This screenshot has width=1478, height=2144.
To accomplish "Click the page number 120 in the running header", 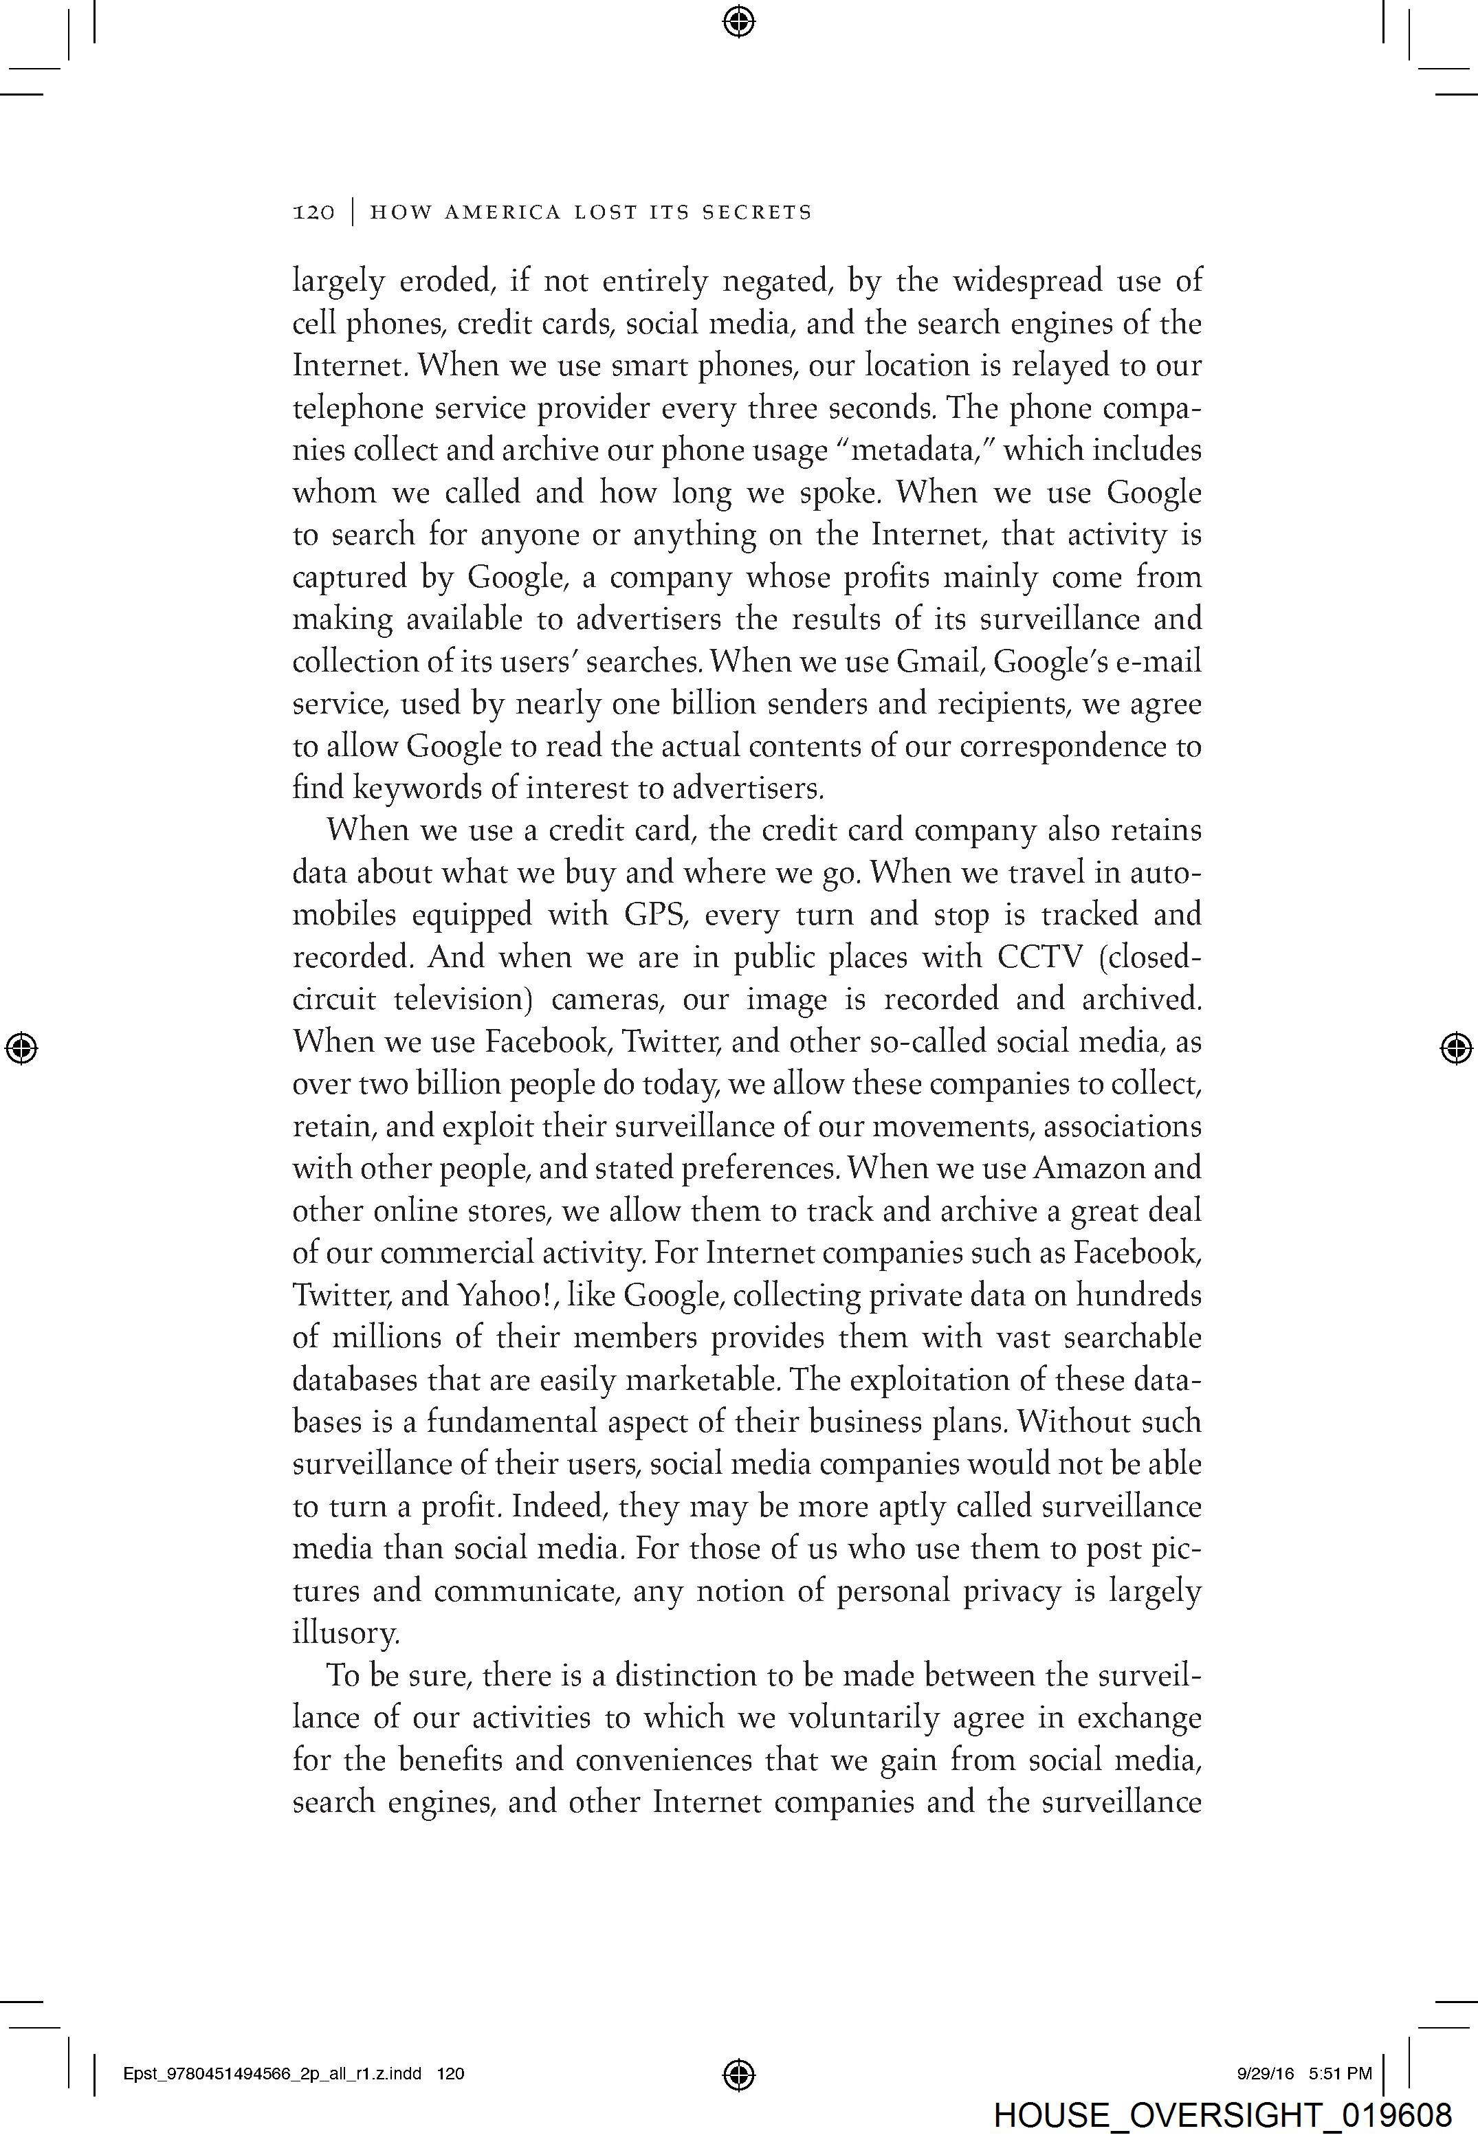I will point(314,213).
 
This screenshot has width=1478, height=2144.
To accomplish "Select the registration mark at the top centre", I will point(738,21).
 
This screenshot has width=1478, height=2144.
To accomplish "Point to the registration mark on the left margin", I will point(21,1048).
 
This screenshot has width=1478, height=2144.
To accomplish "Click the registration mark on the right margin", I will point(1456,1048).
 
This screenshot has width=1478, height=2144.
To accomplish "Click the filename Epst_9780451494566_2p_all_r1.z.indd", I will point(272,2074).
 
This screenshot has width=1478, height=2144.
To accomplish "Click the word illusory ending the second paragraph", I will point(344,1633).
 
